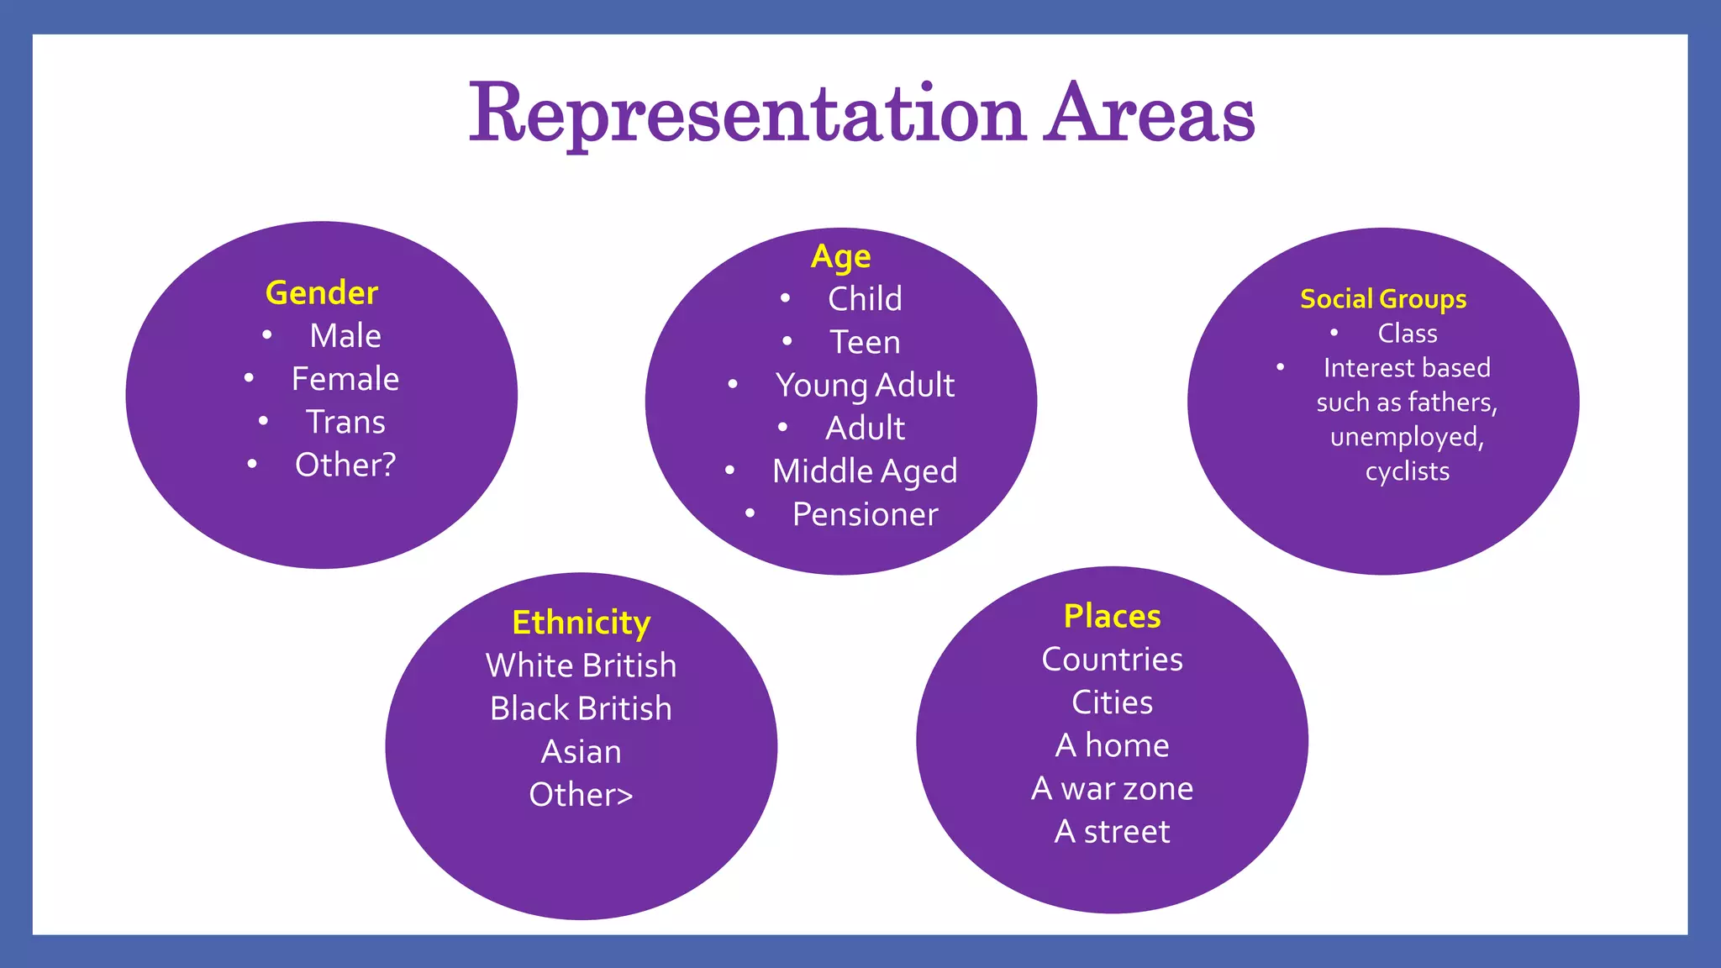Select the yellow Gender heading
tap(322, 293)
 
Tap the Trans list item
tap(345, 422)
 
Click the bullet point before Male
tap(267, 335)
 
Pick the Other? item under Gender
tap(345, 465)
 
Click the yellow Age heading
tap(840, 256)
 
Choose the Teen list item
tap(865, 342)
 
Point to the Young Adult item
tap(865, 386)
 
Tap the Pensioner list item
tap(865, 514)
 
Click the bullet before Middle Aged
tap(729, 471)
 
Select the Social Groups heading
tap(1383, 299)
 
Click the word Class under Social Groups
tap(1407, 334)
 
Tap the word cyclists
tap(1407, 471)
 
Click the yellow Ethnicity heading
tap(581, 623)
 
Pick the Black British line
tap(581, 708)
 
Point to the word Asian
tap(581, 752)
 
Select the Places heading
tap(1112, 616)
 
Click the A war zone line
tap(1112, 788)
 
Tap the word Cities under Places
tap(1112, 702)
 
